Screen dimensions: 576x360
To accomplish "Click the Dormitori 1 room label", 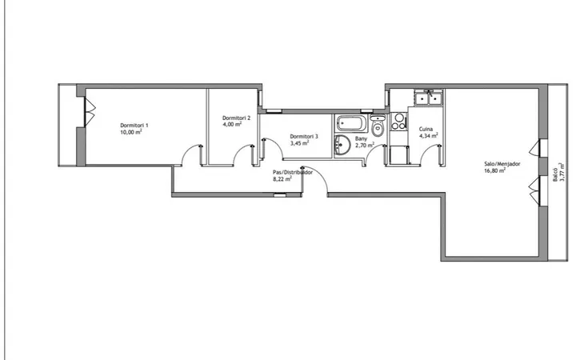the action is (x=134, y=126).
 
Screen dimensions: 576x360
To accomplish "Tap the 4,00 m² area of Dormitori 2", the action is (x=232, y=125).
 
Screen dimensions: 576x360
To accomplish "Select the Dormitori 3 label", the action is (x=304, y=136).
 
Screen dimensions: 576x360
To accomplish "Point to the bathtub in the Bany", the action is (x=351, y=123).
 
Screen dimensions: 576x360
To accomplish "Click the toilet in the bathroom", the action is (x=378, y=126).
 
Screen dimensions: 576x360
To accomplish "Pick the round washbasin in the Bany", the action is (x=342, y=144).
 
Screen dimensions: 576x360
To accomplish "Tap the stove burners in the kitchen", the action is (x=398, y=122).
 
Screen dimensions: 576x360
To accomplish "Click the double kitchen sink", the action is (x=429, y=98).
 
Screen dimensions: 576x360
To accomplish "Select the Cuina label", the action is (x=426, y=129).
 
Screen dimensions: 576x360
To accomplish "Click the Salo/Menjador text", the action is (x=502, y=164).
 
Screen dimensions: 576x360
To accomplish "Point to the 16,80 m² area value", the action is (x=495, y=171).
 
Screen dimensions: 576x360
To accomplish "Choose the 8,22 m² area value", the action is (x=282, y=179).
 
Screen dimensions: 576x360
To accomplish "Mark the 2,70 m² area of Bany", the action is (x=365, y=146).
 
